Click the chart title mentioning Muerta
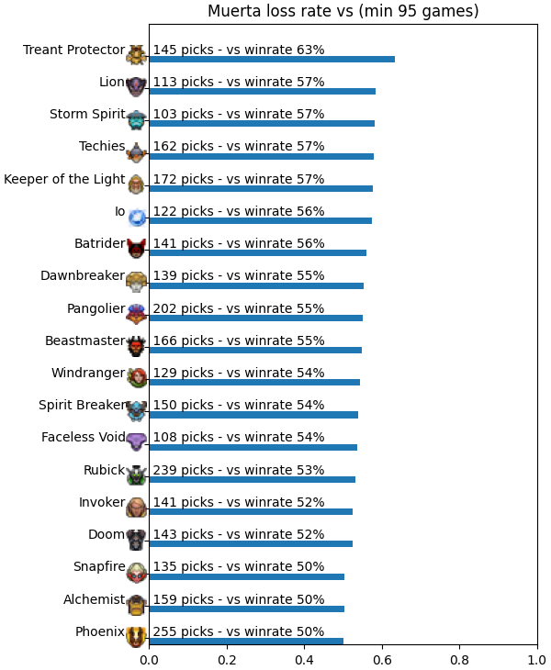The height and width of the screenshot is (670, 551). click(343, 11)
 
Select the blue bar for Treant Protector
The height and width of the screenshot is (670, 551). click(272, 59)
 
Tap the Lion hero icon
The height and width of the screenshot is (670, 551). click(136, 87)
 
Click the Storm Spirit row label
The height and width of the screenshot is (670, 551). click(87, 114)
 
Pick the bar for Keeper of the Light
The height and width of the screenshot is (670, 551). click(261, 188)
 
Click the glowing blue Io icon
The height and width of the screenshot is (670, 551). click(137, 218)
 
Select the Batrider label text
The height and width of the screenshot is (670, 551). click(99, 243)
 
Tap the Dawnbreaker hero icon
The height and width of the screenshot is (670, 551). click(136, 281)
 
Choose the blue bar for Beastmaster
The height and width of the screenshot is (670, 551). click(255, 351)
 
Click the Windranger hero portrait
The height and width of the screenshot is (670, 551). click(137, 378)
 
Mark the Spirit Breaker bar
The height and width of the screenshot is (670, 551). click(253, 415)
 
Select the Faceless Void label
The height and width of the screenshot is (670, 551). click(84, 437)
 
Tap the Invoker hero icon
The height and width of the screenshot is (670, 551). click(136, 507)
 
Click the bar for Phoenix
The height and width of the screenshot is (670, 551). click(246, 641)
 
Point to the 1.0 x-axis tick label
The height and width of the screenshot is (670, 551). click(537, 660)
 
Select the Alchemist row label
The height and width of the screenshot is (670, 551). click(94, 599)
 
